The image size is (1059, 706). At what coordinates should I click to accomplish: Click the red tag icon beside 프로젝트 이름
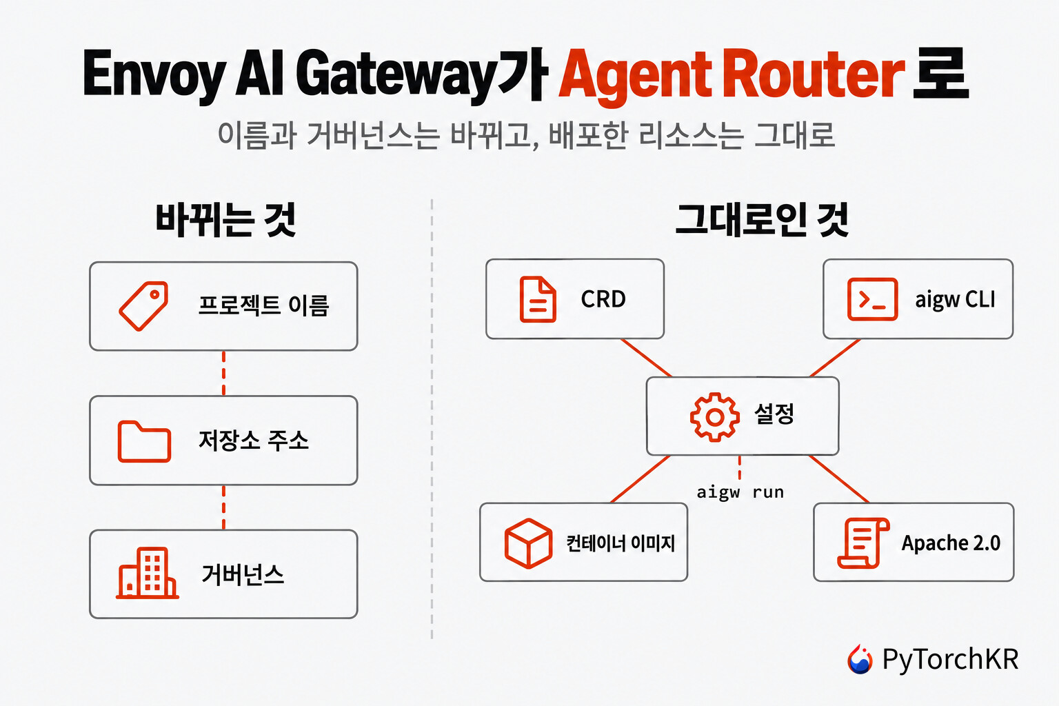coord(143,306)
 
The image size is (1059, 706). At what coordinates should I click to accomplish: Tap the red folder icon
coord(144,441)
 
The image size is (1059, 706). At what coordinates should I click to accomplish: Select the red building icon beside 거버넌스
coord(148,573)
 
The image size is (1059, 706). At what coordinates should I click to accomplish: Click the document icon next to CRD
coord(538,299)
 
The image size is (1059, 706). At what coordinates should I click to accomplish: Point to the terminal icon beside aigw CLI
coord(872,299)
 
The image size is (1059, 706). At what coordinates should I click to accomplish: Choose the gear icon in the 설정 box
coord(715,417)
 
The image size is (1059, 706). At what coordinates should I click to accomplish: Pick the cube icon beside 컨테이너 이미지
coord(528,543)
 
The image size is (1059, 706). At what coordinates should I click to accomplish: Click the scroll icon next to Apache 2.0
coord(863,543)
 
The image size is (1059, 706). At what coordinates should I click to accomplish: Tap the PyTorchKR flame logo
coord(860,658)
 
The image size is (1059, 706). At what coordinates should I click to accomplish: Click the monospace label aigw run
coord(740,492)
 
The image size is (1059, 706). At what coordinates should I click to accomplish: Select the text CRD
coord(603,299)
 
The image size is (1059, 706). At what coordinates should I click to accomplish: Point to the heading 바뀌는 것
coord(226,220)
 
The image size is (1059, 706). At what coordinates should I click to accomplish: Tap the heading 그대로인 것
coord(762,220)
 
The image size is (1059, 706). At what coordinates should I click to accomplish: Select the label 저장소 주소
coord(254,441)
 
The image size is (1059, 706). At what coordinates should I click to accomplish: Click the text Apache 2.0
coord(951,543)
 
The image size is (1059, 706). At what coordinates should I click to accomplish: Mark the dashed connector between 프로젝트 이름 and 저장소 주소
coord(223,373)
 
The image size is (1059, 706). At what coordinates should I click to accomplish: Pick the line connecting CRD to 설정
coord(646,358)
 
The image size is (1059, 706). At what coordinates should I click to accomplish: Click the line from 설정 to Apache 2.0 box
coord(838,479)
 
